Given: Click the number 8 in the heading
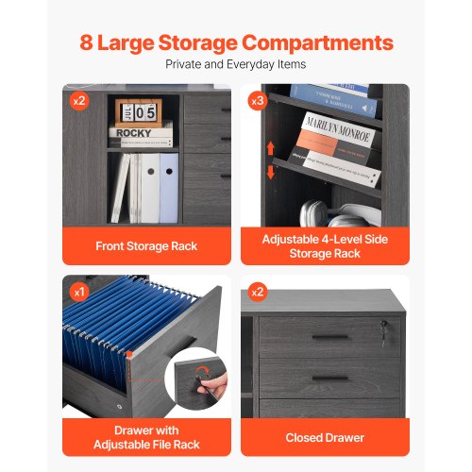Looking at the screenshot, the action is [x=86, y=42].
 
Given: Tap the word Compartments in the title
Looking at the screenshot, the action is [x=318, y=43].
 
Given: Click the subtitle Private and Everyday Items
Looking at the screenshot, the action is [x=236, y=64].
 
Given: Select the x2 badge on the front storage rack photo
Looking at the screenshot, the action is [x=79, y=101].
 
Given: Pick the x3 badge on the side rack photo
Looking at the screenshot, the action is [x=258, y=101].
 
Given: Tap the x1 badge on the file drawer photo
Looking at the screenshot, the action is [x=79, y=293].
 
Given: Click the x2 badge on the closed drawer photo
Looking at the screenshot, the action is [x=258, y=292].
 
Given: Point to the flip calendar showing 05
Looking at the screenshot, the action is [x=139, y=112].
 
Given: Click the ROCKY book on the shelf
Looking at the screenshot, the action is [x=141, y=135].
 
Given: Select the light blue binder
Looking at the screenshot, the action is [x=169, y=188].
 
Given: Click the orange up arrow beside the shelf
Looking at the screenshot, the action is [x=270, y=148].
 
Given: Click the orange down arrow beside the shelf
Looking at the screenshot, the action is [x=270, y=173].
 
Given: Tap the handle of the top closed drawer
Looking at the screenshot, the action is [x=330, y=338].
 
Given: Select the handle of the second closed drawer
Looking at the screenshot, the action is [x=330, y=379].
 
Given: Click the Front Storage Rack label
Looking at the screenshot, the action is [x=146, y=246].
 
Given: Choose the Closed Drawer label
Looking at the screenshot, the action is [x=325, y=438].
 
